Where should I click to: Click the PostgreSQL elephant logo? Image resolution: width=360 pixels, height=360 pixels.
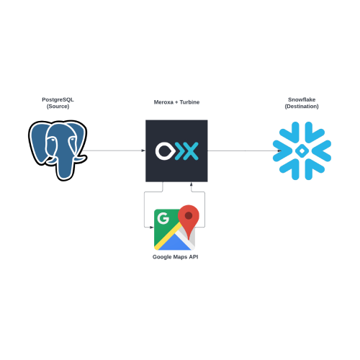[x=58, y=150]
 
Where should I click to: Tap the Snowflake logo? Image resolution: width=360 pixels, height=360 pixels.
[x=302, y=150]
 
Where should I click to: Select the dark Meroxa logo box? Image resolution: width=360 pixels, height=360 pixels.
[x=176, y=151]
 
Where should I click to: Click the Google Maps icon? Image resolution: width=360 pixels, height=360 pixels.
[x=176, y=228]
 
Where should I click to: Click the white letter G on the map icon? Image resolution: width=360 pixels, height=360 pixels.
[x=163, y=218]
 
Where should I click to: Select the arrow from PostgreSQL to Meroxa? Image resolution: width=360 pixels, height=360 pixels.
[x=114, y=150]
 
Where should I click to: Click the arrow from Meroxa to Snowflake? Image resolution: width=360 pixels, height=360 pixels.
[x=245, y=150]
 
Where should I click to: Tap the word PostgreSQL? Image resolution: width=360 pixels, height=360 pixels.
[x=58, y=99]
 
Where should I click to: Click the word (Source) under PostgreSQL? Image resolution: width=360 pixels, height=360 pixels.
[x=58, y=107]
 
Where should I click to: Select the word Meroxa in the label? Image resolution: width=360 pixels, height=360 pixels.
[x=163, y=102]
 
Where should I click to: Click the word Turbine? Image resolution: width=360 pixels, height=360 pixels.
[x=189, y=102]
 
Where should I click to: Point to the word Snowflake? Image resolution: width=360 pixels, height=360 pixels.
[x=302, y=99]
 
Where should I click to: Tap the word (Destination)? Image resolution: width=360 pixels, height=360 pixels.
[x=302, y=107]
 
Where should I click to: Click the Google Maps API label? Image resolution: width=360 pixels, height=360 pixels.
[x=176, y=257]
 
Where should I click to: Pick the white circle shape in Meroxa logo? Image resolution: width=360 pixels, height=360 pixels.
[x=164, y=151]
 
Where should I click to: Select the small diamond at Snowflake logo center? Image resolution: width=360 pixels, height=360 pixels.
[x=302, y=150]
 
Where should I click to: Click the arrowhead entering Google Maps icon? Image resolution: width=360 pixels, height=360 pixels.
[x=151, y=227]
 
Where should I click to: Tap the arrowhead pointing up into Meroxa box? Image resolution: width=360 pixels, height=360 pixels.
[x=192, y=184]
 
